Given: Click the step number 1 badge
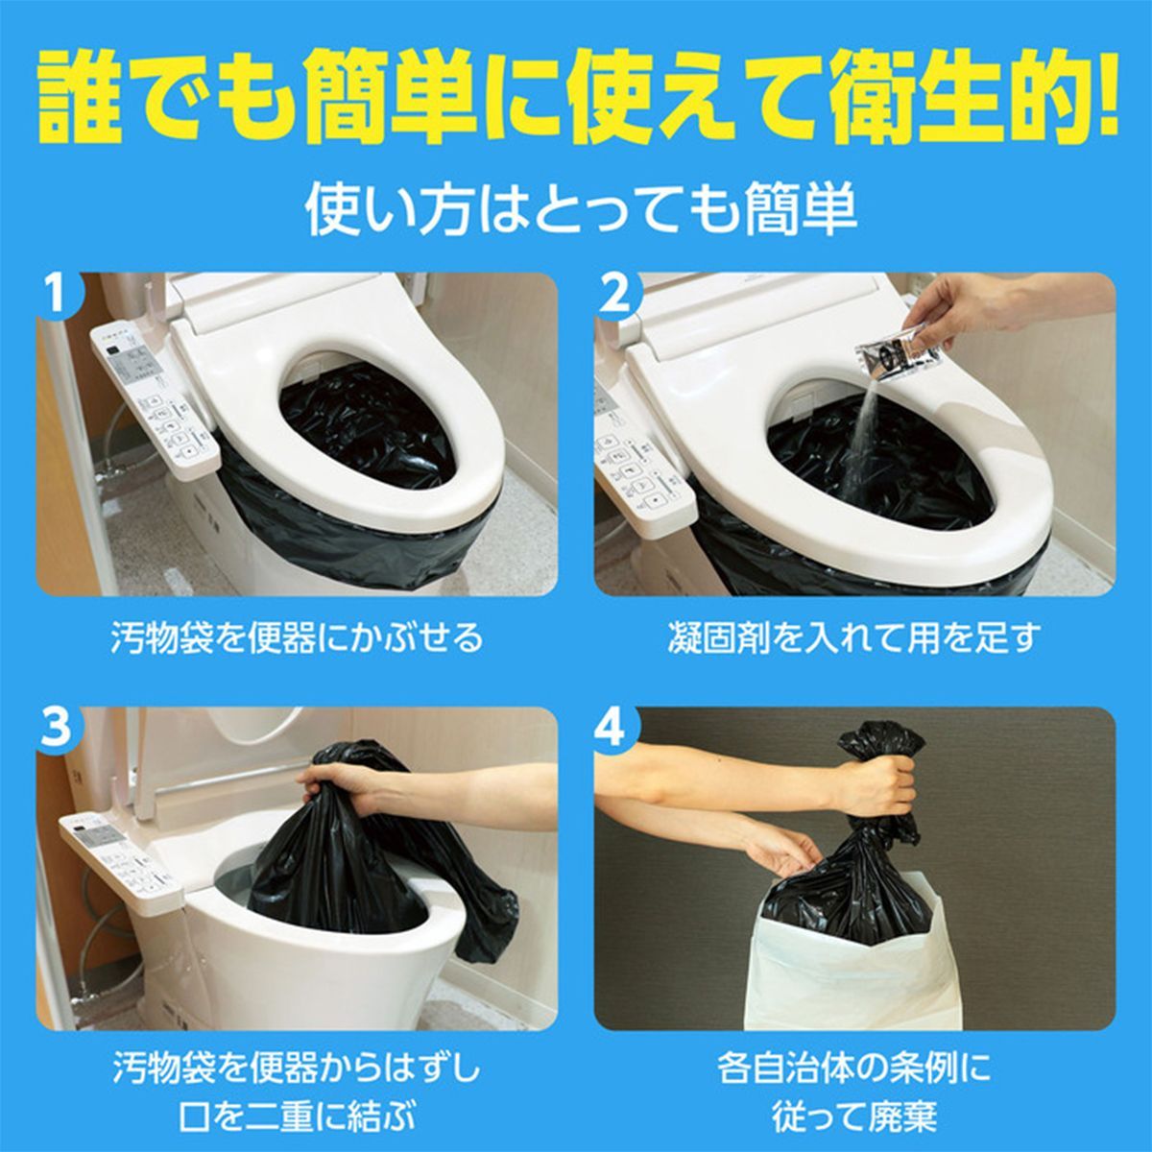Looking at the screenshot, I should point(57,293).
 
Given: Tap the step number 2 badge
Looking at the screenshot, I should point(615,293).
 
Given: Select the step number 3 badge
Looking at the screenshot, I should point(57,730).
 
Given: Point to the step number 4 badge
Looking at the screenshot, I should point(615,730).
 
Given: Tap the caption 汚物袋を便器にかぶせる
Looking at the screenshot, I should point(297,636).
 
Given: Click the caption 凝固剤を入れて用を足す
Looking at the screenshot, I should point(854,636).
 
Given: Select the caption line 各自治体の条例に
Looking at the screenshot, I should point(854,1068).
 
